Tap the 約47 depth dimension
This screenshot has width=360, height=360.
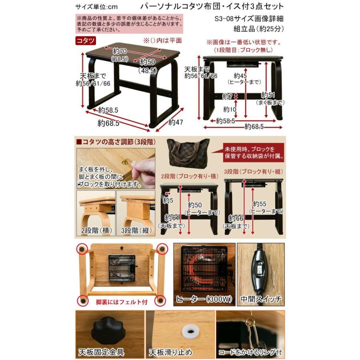coord(176,122)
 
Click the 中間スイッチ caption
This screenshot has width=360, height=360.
coord(261,299)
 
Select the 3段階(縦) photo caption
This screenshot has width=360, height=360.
coord(135,231)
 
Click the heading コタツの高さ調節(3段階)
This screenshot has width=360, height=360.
coord(116,142)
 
